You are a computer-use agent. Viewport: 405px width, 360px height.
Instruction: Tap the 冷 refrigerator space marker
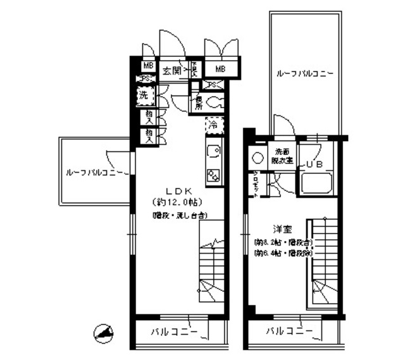click(214, 125)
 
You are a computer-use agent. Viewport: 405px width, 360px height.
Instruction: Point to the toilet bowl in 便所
click(215, 101)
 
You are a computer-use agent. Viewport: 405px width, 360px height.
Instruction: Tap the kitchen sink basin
click(213, 152)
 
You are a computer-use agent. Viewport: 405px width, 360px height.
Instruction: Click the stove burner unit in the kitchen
click(213, 176)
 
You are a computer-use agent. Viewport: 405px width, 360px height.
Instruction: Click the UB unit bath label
click(315, 164)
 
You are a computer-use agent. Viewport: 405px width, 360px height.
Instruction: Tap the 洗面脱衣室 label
click(282, 156)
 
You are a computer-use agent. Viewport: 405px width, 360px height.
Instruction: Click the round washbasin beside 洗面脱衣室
click(259, 158)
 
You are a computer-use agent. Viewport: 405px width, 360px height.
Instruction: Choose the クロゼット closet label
click(255, 184)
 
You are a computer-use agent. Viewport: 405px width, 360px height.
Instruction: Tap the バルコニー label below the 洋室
click(288, 331)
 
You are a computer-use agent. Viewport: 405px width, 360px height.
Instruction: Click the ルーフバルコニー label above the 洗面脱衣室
click(304, 73)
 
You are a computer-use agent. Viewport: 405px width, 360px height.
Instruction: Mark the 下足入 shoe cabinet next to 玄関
click(195, 69)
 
